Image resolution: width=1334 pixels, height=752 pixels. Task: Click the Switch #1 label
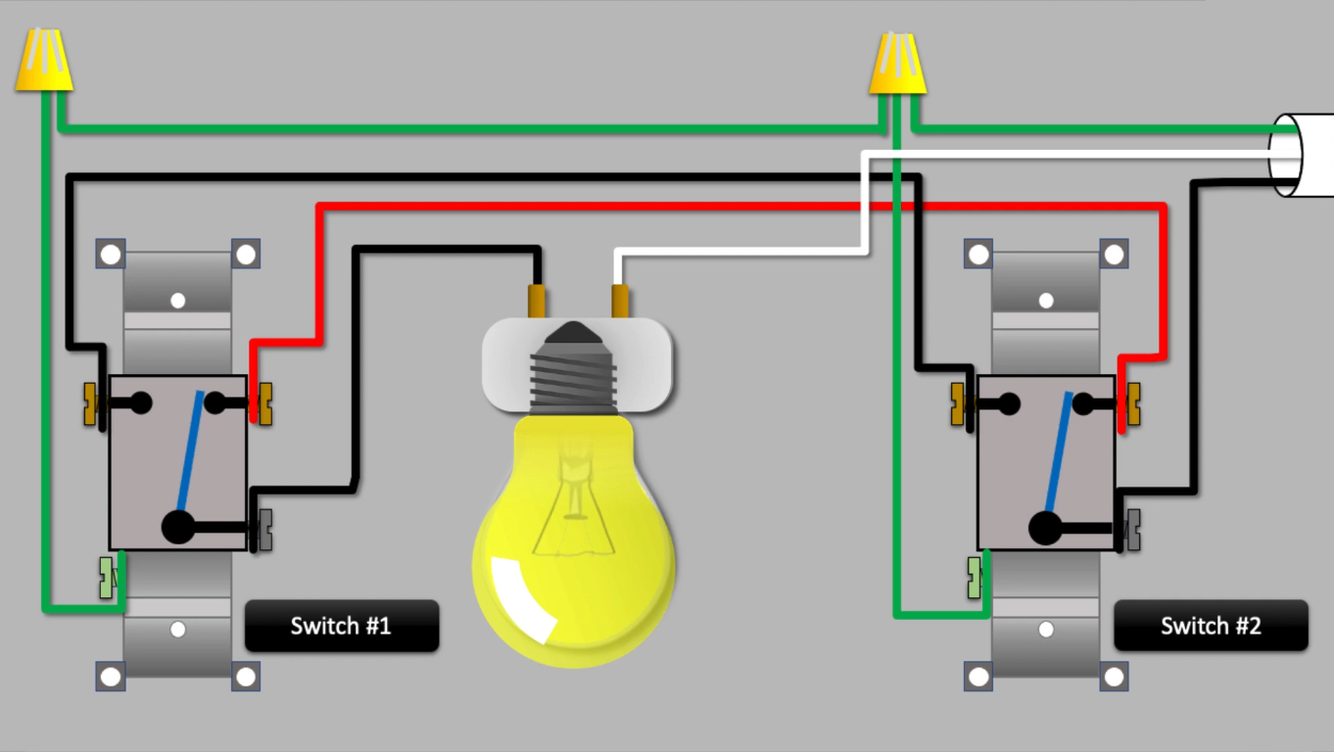pos(341,626)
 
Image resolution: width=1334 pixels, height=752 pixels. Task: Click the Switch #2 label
pos(1211,626)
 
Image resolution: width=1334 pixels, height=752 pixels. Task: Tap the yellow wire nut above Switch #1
pos(44,61)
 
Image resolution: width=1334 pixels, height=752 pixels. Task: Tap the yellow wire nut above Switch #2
pos(897,64)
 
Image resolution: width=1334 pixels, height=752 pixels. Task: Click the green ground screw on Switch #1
pos(107,578)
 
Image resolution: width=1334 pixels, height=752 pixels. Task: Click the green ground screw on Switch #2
pos(975,578)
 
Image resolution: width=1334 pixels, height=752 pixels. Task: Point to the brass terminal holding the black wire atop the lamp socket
pos(537,301)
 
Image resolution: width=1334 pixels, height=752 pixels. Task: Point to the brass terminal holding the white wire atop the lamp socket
pos(619,301)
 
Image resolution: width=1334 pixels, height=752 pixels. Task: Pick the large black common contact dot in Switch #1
pos(177,527)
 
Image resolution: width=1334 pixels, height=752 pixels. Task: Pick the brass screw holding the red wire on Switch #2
pos(1134,403)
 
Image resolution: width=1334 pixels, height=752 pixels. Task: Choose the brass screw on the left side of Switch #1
pos(93,404)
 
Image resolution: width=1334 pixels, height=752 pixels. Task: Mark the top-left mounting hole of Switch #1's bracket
pos(111,255)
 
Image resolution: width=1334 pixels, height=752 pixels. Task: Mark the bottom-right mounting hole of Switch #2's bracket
pos(1114,676)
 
